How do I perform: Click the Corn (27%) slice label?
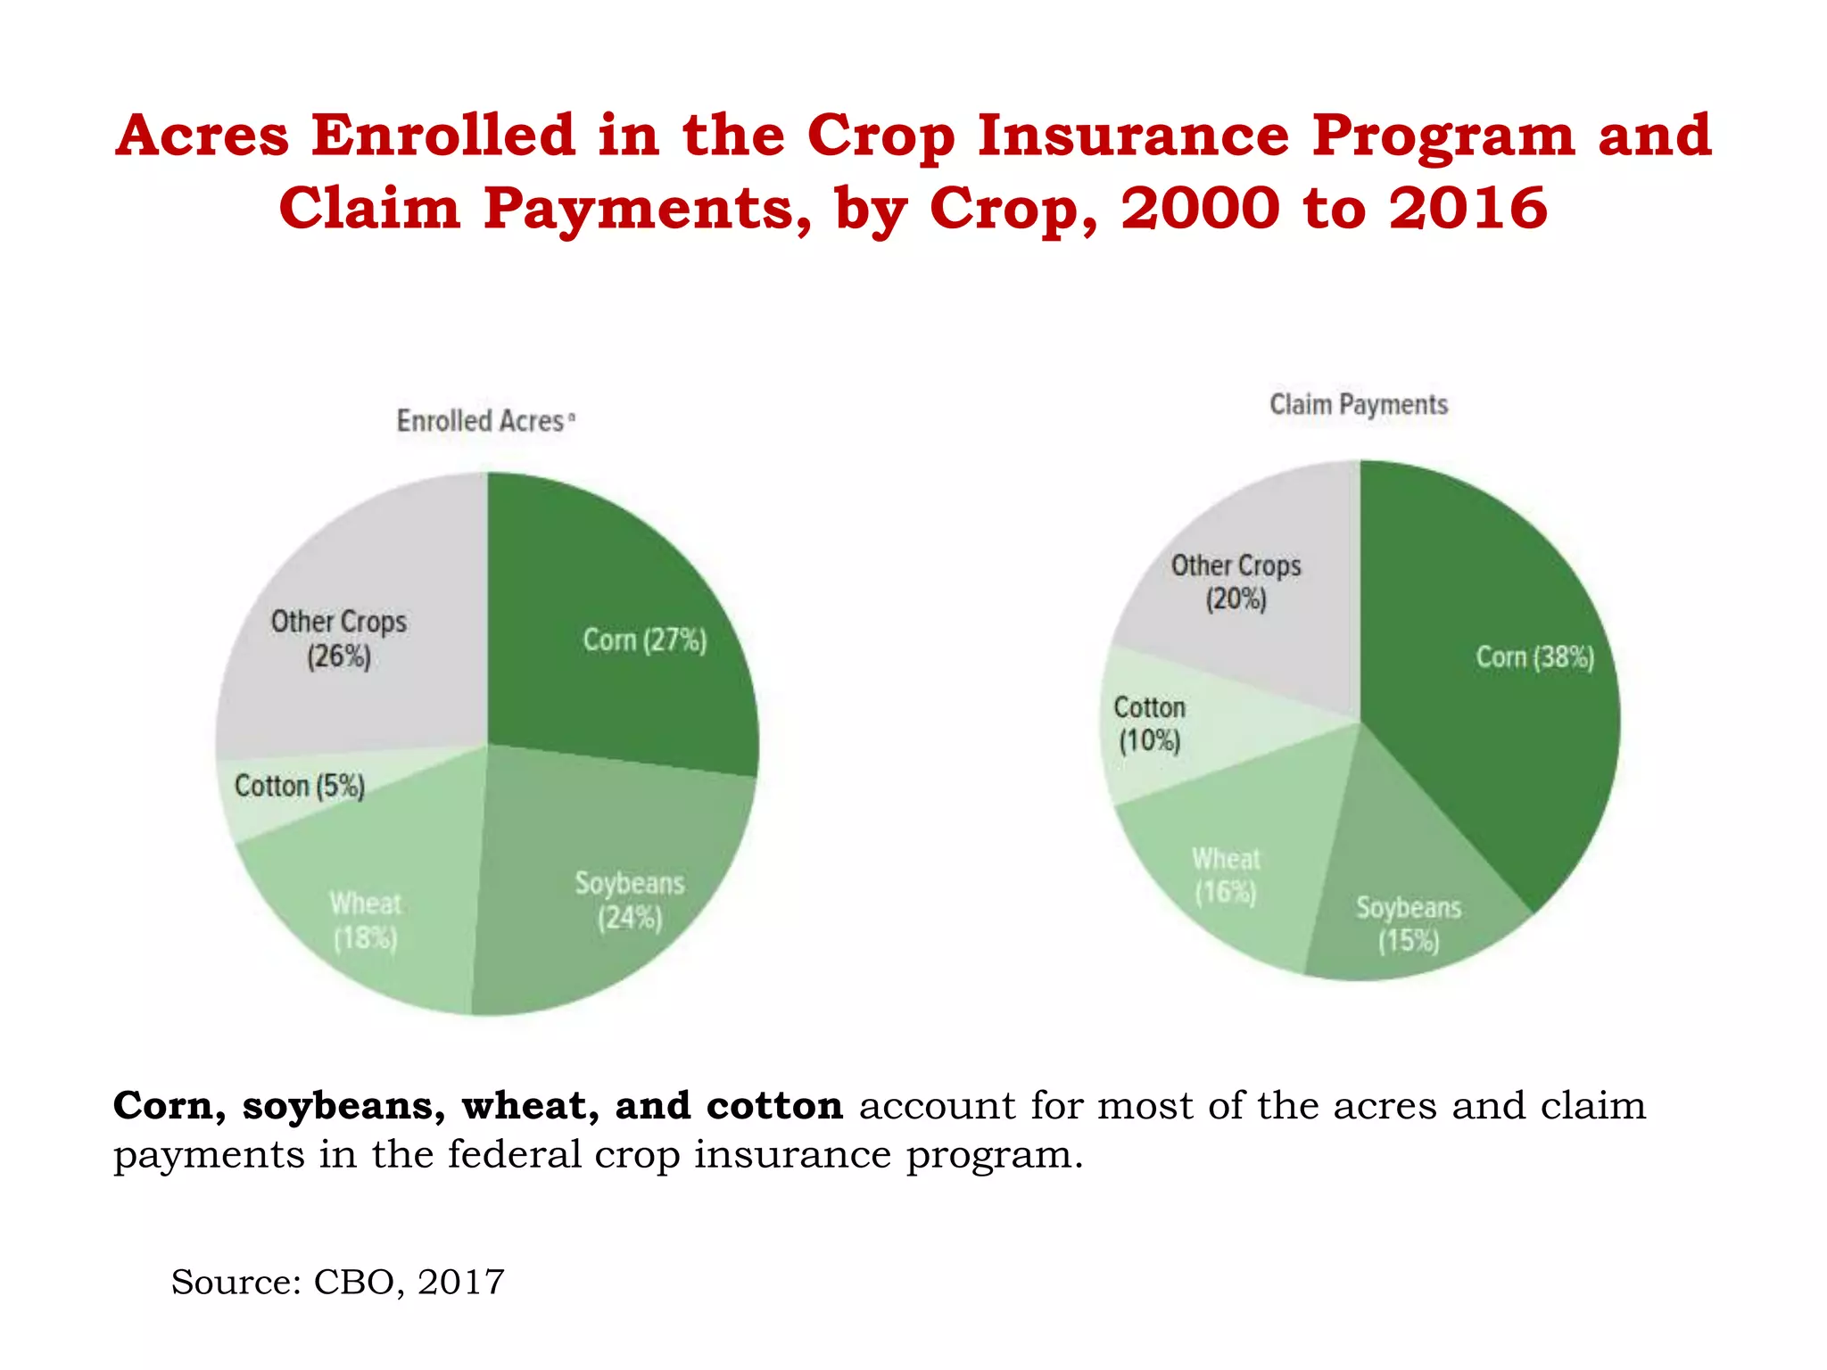pyautogui.click(x=644, y=640)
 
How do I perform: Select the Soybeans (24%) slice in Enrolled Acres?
pyautogui.click(x=629, y=900)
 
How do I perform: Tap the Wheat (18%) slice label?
pyautogui.click(x=365, y=920)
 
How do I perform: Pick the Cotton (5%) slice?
pyautogui.click(x=299, y=787)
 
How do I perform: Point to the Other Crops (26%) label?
pyautogui.click(x=338, y=639)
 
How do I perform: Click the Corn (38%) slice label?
pyautogui.click(x=1534, y=657)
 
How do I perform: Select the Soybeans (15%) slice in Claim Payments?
pyautogui.click(x=1409, y=924)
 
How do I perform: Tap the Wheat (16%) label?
pyautogui.click(x=1226, y=876)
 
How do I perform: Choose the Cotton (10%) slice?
pyautogui.click(x=1149, y=724)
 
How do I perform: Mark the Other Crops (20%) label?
pyautogui.click(x=1236, y=582)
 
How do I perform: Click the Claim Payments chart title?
pyautogui.click(x=1358, y=405)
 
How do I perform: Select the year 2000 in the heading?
pyautogui.click(x=1201, y=209)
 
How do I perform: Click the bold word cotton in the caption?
pyautogui.click(x=774, y=1107)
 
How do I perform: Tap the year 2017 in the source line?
pyautogui.click(x=460, y=1283)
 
